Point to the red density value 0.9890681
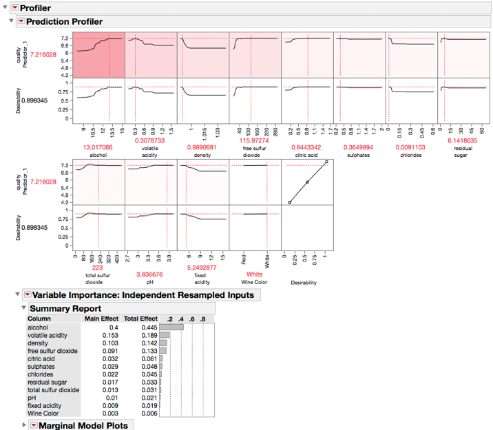[x=203, y=147]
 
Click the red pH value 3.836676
[x=151, y=273]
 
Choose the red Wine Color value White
[x=255, y=274]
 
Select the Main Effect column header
[x=102, y=319]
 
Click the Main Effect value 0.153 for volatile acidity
[x=109, y=335]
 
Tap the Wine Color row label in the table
[x=43, y=413]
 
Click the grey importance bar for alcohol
[x=171, y=327]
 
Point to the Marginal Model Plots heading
[x=83, y=426]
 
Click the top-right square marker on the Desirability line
[x=326, y=162]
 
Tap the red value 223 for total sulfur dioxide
[x=98, y=267]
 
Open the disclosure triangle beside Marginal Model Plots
[x=24, y=425]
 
